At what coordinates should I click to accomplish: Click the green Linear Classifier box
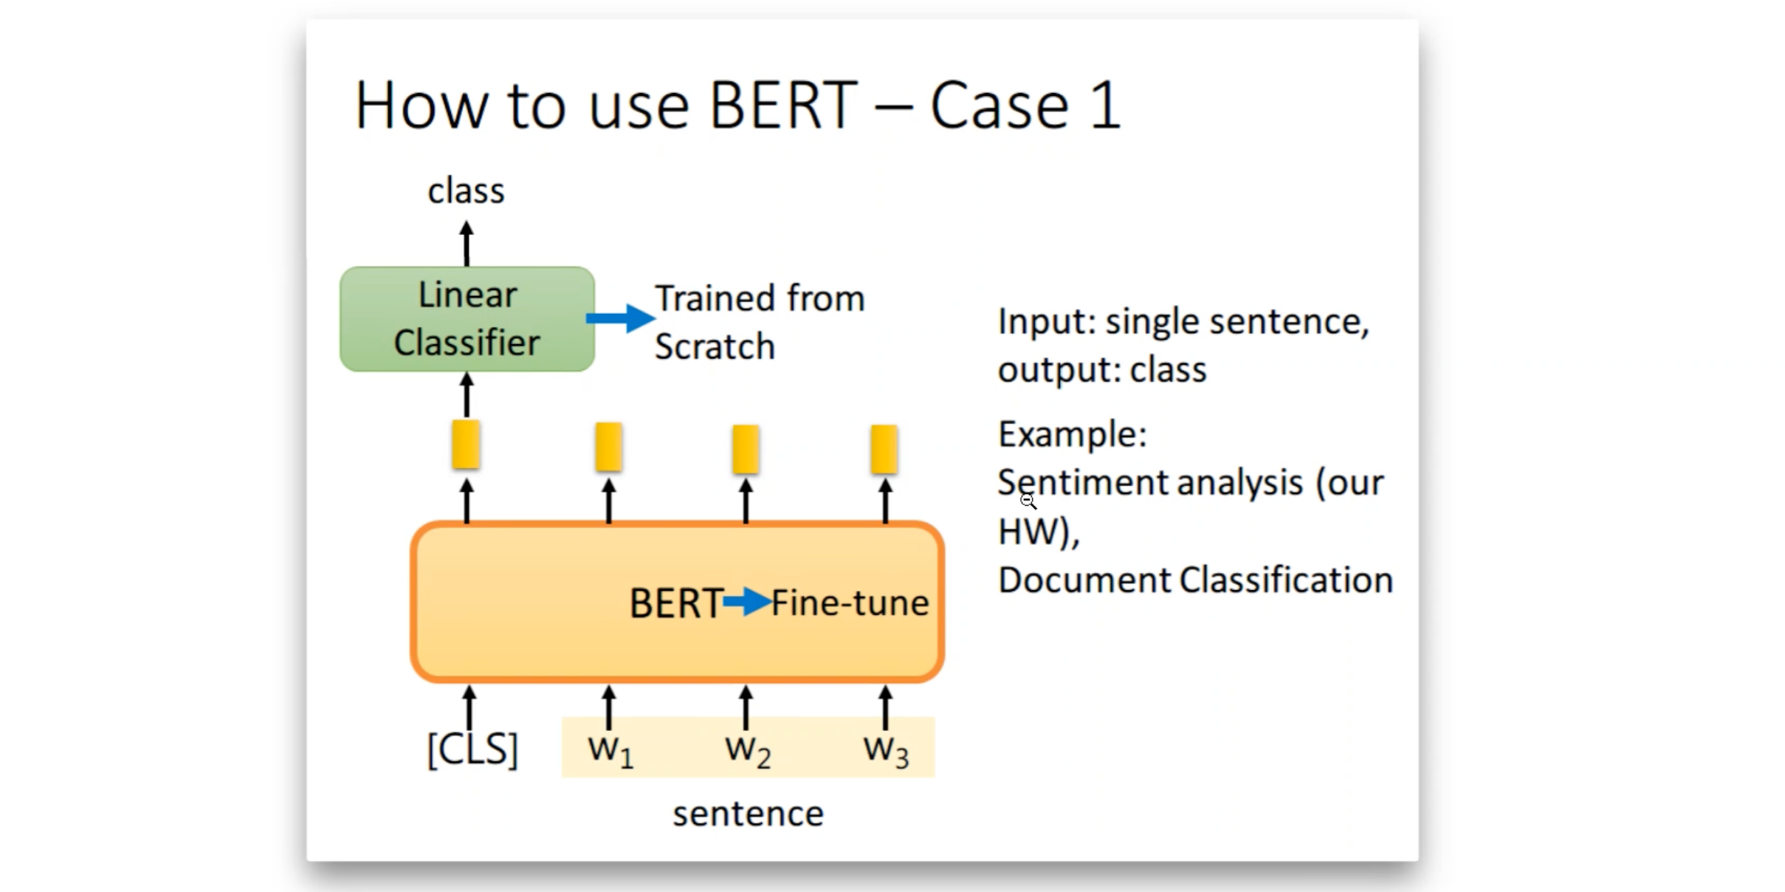(x=467, y=319)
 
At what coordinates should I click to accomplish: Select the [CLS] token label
(x=472, y=749)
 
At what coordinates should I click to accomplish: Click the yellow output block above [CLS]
(x=466, y=445)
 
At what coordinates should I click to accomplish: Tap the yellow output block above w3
(x=884, y=449)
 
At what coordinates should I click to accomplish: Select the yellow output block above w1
(x=608, y=447)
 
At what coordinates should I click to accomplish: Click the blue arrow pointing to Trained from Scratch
(x=620, y=318)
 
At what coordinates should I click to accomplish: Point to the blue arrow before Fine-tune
(x=747, y=602)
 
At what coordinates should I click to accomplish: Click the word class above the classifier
(x=466, y=191)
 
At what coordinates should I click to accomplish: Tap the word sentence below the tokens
(x=748, y=814)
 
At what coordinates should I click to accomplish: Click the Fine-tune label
(x=850, y=603)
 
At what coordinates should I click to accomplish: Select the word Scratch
(x=715, y=346)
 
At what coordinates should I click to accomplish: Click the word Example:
(x=1073, y=434)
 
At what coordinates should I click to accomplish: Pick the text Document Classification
(x=1195, y=580)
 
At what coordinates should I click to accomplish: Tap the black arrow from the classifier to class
(x=466, y=244)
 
